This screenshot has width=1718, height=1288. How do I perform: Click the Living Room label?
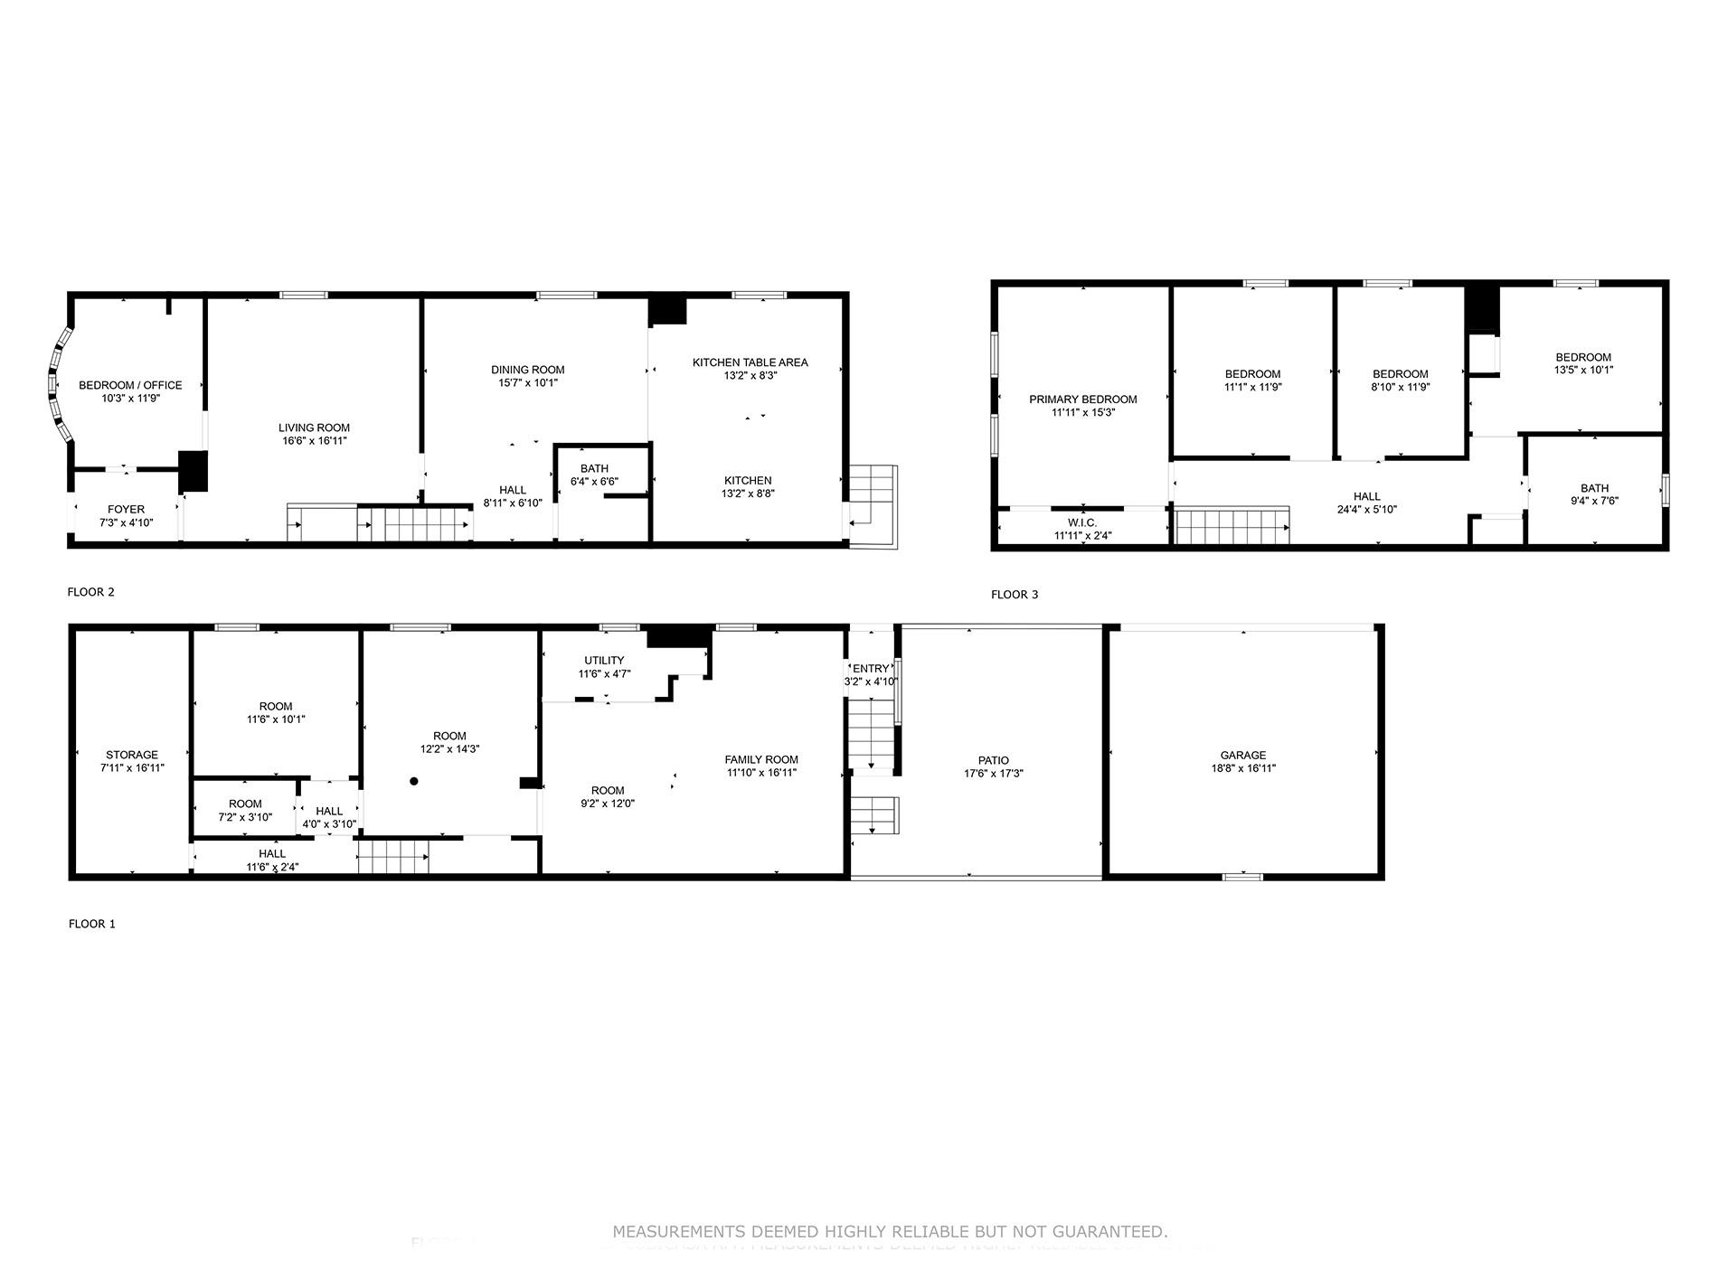[x=314, y=428]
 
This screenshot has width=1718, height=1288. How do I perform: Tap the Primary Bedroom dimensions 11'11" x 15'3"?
[x=1082, y=412]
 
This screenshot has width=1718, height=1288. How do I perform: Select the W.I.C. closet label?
[x=1082, y=522]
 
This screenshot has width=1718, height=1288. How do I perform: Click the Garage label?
[x=1242, y=756]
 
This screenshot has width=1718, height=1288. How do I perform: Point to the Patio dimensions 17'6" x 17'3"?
[x=993, y=774]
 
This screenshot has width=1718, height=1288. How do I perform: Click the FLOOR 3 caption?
[x=1014, y=595]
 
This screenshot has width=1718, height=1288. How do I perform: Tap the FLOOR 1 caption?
[x=91, y=924]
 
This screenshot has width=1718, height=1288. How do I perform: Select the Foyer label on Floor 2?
[x=126, y=510]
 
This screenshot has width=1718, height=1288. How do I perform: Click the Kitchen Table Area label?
[x=750, y=362]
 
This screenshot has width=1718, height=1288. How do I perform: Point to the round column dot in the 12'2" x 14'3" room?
[x=414, y=781]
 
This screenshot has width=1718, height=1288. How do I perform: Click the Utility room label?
[x=603, y=661]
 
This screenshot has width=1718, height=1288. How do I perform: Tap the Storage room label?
[x=132, y=755]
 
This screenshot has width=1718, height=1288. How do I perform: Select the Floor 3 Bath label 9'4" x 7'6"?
[x=1594, y=489]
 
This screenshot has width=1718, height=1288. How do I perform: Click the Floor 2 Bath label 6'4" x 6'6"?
[x=594, y=468]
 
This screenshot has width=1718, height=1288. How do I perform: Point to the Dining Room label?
[x=527, y=370]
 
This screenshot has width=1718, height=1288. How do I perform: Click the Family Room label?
[x=761, y=760]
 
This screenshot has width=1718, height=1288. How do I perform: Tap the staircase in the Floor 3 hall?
[x=1232, y=526]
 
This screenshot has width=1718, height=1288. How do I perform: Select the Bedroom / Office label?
[x=130, y=385]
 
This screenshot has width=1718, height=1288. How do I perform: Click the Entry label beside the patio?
[x=870, y=669]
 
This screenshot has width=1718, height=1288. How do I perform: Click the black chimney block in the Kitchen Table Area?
[x=668, y=310]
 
